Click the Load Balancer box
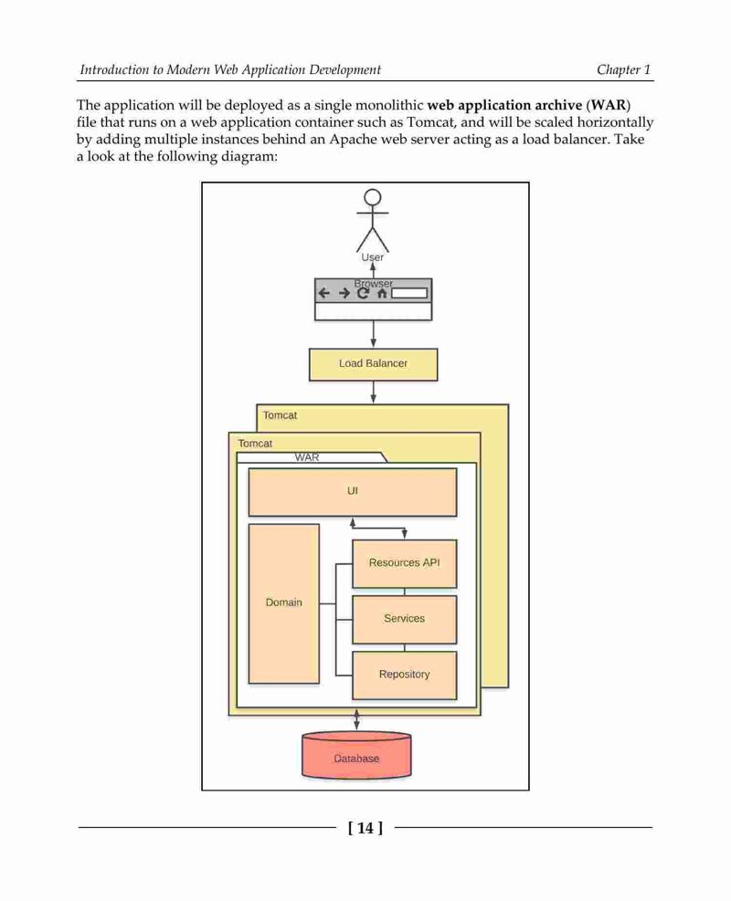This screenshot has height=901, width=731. click(373, 364)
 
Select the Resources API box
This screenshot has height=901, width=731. click(404, 564)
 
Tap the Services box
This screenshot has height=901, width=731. click(404, 620)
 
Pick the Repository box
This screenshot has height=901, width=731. click(404, 676)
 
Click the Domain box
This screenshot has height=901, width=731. click(283, 603)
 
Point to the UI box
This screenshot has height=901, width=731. click(353, 492)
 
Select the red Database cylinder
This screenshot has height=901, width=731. click(356, 755)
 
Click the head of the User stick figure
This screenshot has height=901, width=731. click(373, 197)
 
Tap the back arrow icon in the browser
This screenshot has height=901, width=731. click(324, 293)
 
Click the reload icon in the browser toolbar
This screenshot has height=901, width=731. click(363, 293)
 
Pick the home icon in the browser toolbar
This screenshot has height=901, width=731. click(381, 293)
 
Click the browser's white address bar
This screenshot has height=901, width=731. click(409, 293)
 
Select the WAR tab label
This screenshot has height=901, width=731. click(306, 457)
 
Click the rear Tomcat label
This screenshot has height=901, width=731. click(281, 415)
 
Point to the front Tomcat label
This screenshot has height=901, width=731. click(255, 444)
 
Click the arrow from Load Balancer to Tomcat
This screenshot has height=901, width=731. click(373, 393)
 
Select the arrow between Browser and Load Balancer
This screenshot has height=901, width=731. click(373, 334)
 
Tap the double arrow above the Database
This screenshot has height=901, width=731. click(356, 720)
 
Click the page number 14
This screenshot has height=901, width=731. click(365, 828)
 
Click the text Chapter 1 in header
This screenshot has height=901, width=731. click(623, 70)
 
